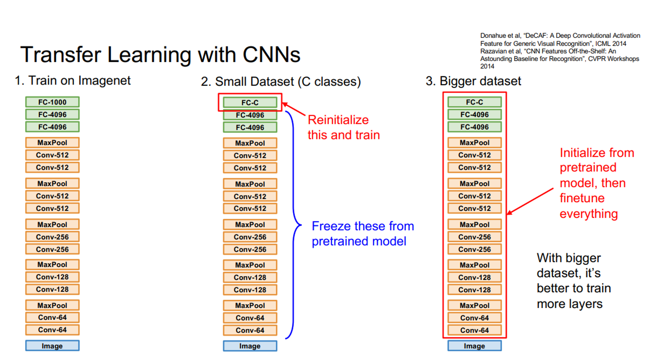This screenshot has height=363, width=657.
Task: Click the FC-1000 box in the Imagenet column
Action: [52, 102]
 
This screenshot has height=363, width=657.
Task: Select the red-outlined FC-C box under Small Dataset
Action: [250, 103]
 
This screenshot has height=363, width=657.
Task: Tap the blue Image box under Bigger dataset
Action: [474, 346]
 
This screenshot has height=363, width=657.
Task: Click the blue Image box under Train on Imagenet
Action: [52, 346]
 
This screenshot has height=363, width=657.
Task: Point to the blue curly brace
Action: [294, 225]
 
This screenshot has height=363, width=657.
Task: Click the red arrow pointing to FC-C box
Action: [294, 109]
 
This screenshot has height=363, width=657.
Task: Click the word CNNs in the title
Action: [271, 55]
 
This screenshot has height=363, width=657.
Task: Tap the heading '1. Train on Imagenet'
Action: [73, 80]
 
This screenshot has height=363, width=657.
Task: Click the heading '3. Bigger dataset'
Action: [473, 81]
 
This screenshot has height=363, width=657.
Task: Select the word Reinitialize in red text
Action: [338, 120]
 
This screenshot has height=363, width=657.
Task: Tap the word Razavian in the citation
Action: [492, 51]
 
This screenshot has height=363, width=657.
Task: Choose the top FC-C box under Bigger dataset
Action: [474, 102]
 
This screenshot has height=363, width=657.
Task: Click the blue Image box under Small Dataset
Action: [250, 346]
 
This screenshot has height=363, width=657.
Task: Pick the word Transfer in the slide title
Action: [61, 55]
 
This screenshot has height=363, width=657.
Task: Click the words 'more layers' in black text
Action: [569, 304]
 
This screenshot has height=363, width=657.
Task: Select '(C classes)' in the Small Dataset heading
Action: [329, 82]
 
